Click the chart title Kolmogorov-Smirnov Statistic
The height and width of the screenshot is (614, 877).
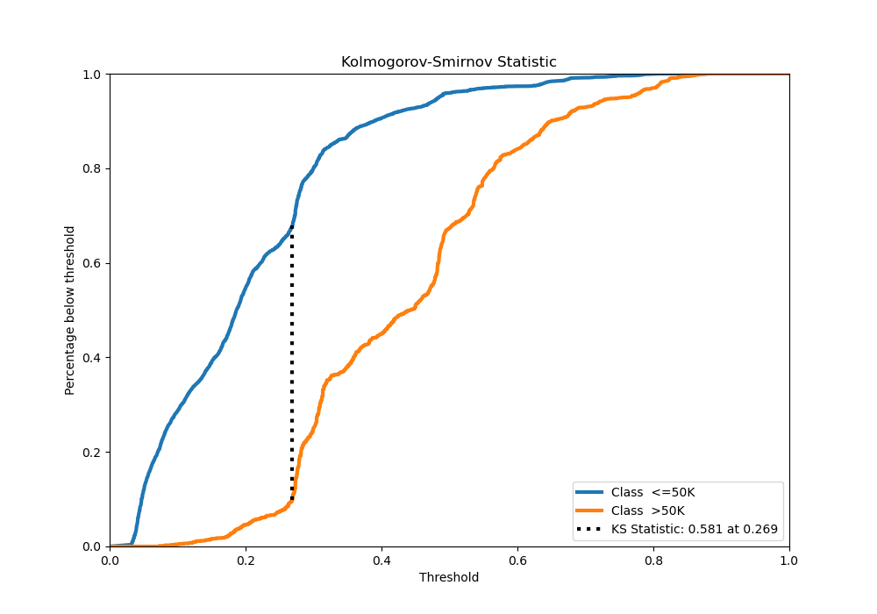(x=449, y=62)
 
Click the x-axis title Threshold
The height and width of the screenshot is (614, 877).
(x=449, y=577)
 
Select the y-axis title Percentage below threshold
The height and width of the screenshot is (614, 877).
(x=70, y=311)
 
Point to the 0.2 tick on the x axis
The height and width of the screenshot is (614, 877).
(x=246, y=559)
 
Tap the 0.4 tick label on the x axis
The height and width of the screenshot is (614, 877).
(x=381, y=559)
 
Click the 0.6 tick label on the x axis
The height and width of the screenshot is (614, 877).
(x=517, y=559)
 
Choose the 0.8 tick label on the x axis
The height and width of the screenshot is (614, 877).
(x=653, y=559)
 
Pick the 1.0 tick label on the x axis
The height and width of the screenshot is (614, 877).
(x=789, y=559)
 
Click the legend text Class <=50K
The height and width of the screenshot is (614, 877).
(x=652, y=492)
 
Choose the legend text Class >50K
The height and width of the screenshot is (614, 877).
(x=648, y=510)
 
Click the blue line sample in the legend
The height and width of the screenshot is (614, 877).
(x=591, y=492)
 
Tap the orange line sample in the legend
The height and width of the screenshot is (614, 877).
(x=591, y=510)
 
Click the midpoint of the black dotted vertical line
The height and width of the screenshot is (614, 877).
(x=292, y=363)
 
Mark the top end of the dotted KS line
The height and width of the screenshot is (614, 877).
(x=292, y=226)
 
